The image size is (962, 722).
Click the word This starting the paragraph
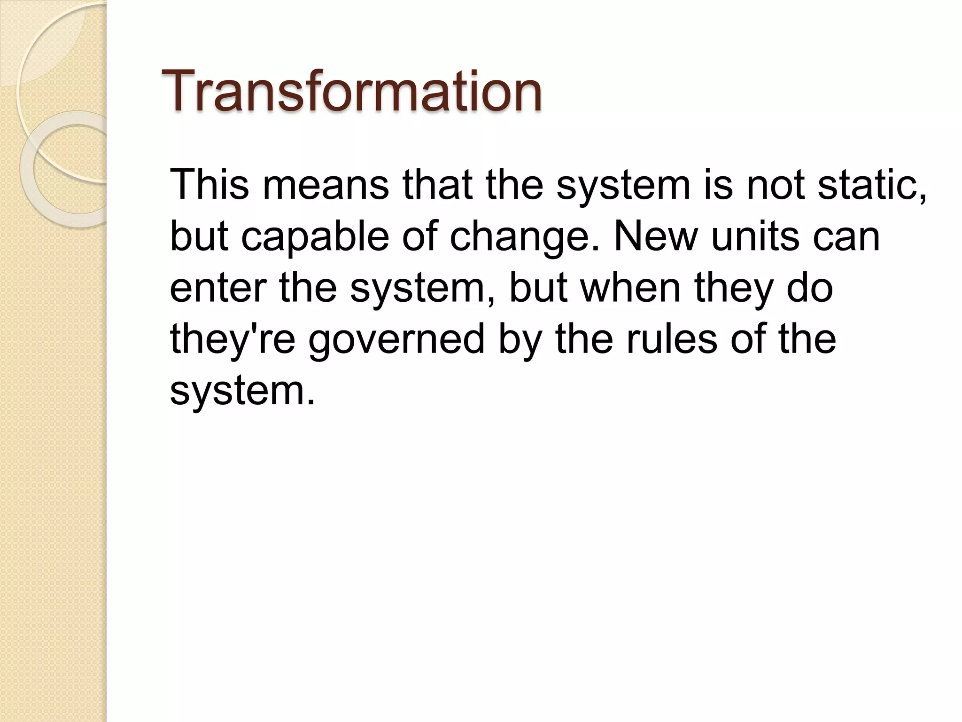click(x=209, y=184)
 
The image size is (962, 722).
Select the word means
click(x=326, y=184)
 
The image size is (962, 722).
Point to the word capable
click(x=315, y=236)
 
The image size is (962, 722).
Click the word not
click(x=775, y=184)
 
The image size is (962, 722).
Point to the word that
click(x=437, y=184)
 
